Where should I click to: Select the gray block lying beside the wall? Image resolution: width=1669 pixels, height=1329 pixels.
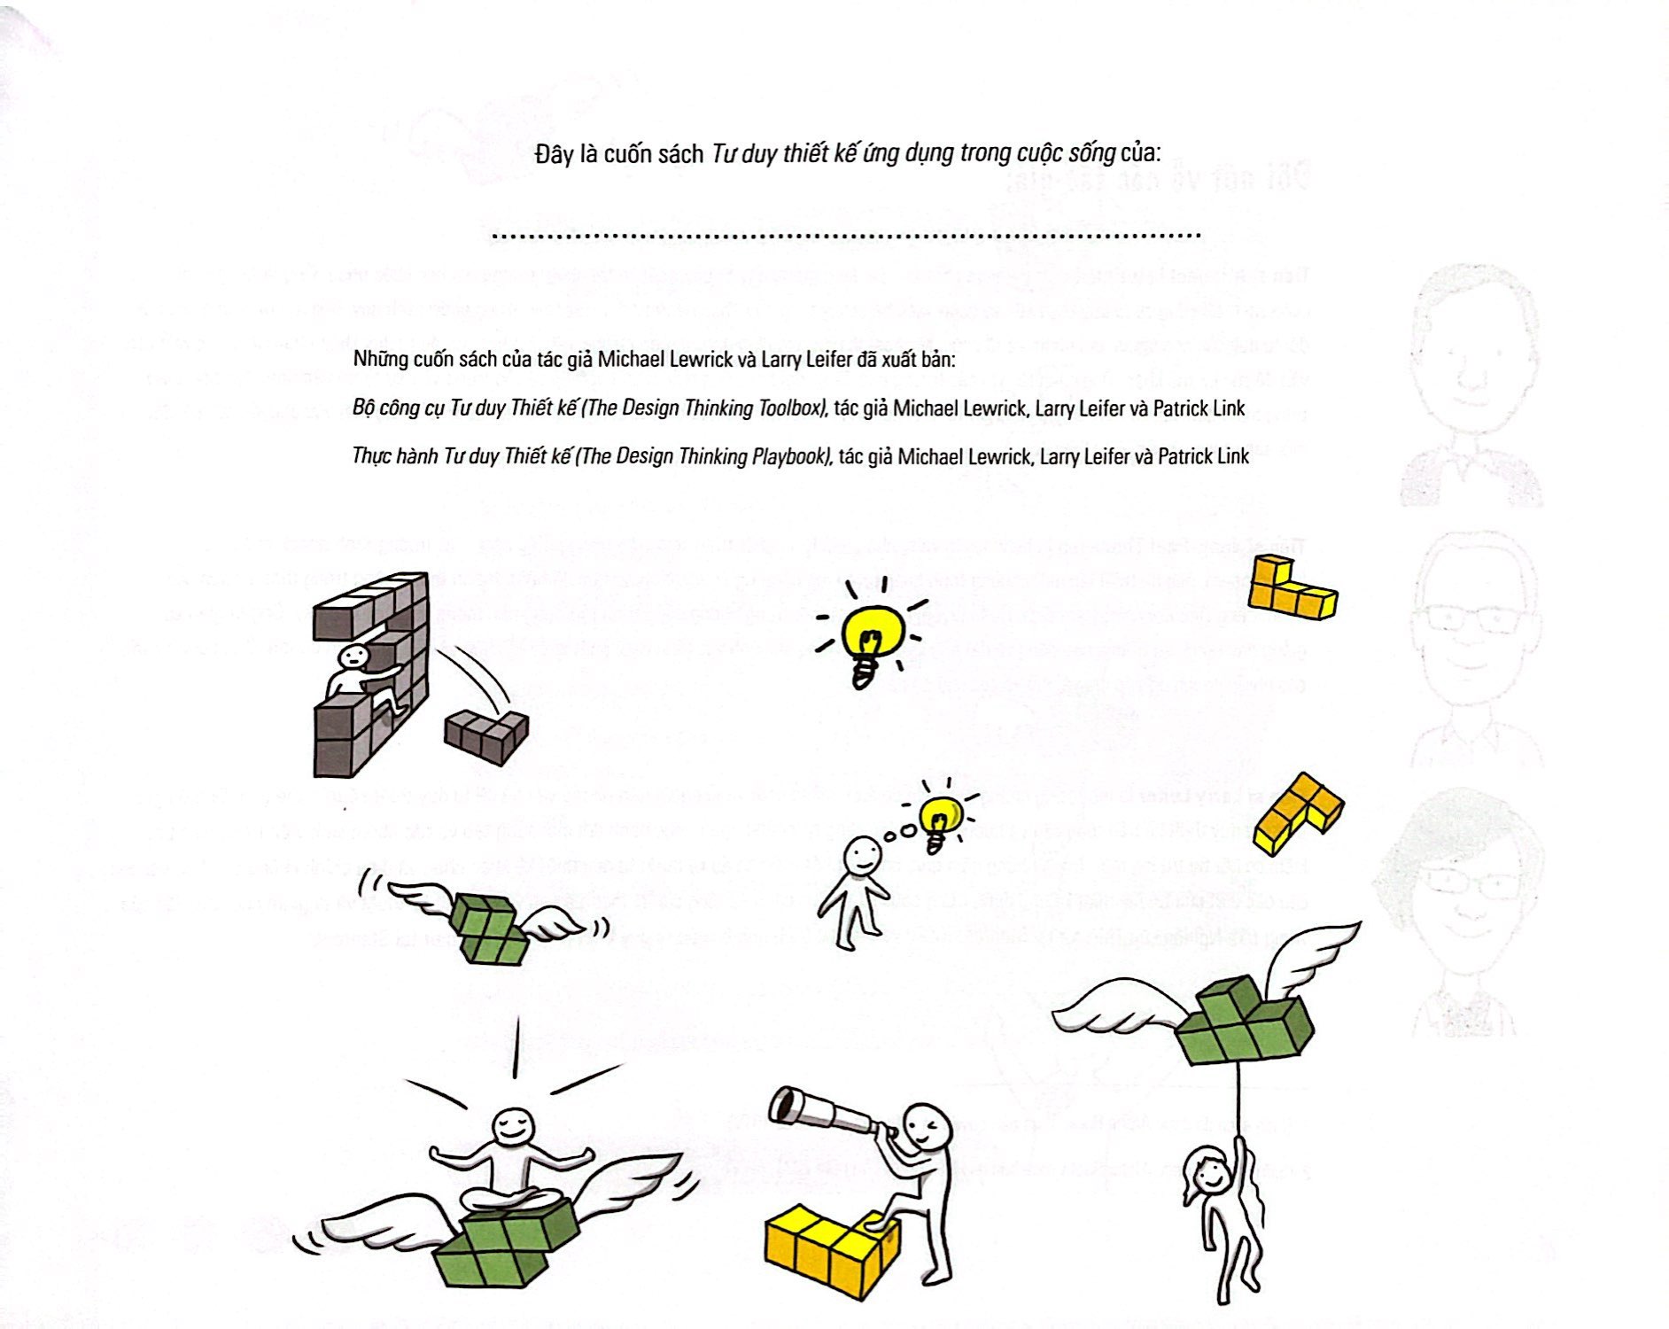tap(485, 734)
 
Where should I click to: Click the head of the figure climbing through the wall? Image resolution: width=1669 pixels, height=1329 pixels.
tap(353, 657)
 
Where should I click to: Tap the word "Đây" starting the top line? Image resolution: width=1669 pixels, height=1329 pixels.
tap(554, 155)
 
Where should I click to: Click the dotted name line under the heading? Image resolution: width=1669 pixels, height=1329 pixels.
tap(845, 236)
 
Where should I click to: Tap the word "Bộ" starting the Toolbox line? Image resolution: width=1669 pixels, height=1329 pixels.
tap(364, 408)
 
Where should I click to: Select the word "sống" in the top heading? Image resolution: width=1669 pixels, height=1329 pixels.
tap(1091, 153)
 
